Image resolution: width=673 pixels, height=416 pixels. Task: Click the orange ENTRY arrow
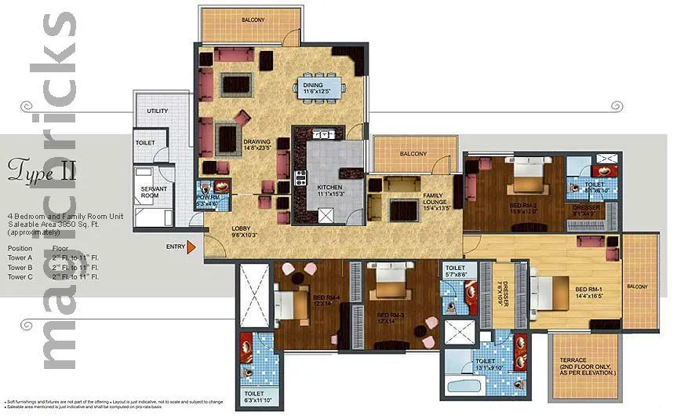(191, 248)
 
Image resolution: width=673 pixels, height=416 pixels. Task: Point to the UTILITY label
(157, 111)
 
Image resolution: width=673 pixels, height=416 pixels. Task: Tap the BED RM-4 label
(326, 300)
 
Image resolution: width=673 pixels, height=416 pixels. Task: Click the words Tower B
(20, 267)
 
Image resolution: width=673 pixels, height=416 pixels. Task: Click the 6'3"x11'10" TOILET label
(256, 396)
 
